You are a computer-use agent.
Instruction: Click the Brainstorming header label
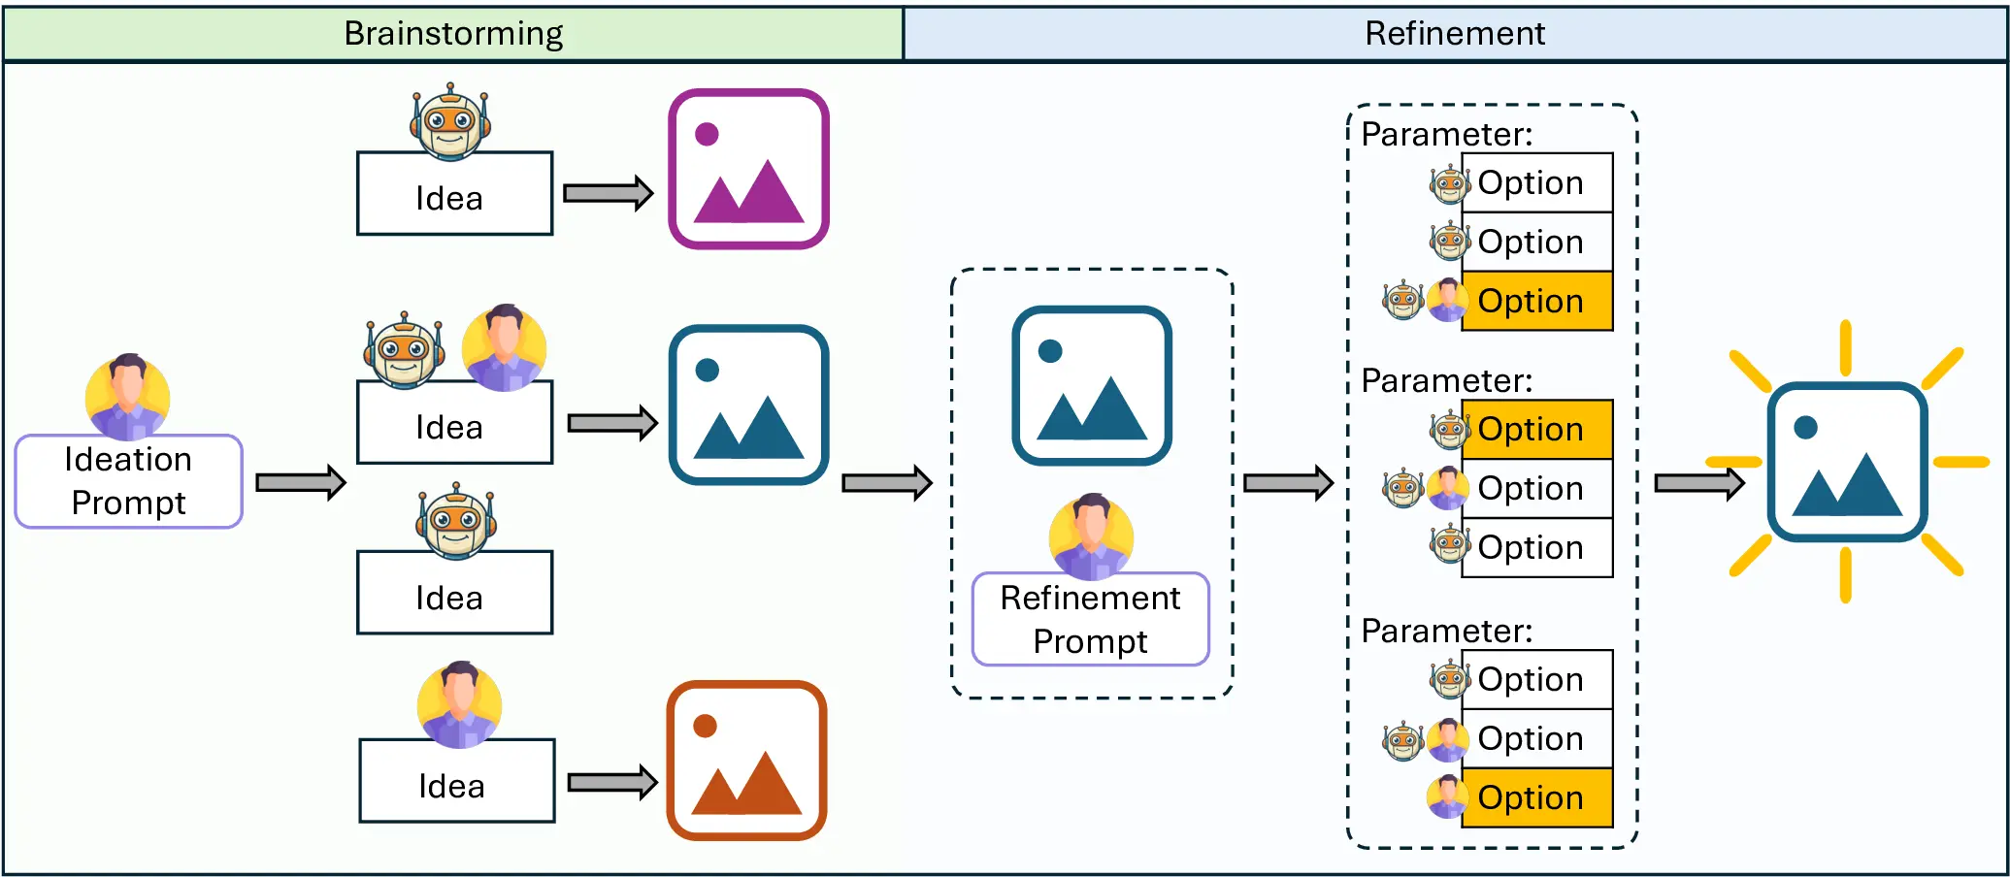coord(453,34)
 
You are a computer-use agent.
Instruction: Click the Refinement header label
coord(1454,34)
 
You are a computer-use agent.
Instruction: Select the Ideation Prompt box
coord(128,481)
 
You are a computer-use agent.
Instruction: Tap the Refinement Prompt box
coord(1090,619)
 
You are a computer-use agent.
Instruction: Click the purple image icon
coord(748,169)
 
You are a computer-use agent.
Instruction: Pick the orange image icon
coord(746,761)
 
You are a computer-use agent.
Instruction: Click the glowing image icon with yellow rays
coord(1847,462)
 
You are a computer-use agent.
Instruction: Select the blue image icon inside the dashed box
coord(1092,386)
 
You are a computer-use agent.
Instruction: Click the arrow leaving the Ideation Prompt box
coord(301,482)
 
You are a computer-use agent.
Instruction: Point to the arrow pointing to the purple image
coord(608,193)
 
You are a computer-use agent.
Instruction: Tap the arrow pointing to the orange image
coord(611,782)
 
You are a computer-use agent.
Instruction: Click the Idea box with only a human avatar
coord(456,781)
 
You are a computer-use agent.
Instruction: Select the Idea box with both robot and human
coord(454,423)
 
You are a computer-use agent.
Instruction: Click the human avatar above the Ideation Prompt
coord(128,396)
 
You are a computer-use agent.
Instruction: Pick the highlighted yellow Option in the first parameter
coord(1536,302)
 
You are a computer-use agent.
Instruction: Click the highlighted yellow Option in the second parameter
coord(1536,429)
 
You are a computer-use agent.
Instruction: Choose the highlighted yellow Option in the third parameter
coord(1536,797)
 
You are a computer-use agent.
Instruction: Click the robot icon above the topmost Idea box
coord(449,121)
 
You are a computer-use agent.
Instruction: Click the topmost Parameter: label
coord(1446,134)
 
